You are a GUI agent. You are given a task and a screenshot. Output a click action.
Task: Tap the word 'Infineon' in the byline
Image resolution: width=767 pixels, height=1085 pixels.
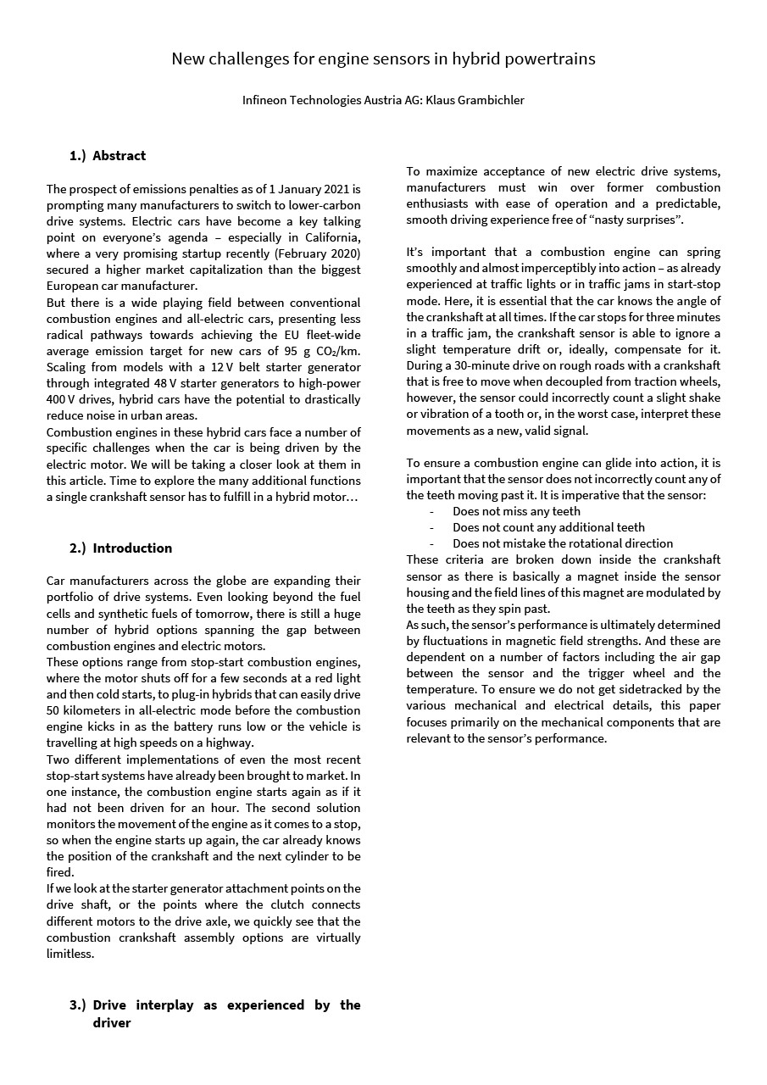pos(264,100)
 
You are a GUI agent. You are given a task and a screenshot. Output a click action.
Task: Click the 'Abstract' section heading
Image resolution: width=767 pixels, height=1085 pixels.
pos(119,156)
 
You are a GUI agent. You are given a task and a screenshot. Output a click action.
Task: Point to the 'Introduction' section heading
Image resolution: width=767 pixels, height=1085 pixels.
pos(132,548)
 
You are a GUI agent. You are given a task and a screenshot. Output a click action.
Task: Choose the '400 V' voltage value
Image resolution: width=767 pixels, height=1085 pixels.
pos(61,399)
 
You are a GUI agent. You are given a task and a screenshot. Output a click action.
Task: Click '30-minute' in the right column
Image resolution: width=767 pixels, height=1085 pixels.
pos(481,366)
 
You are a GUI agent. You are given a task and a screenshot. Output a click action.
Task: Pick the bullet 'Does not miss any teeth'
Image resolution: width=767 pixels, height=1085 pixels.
pos(516,511)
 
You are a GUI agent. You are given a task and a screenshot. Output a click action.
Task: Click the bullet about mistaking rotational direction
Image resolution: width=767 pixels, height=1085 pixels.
pos(563,543)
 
